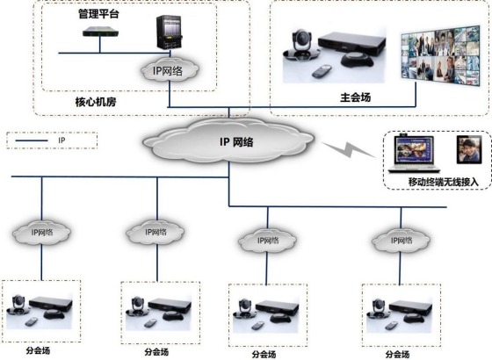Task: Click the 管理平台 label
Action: click(98, 14)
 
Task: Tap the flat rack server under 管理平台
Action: click(101, 32)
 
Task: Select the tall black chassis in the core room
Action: click(169, 32)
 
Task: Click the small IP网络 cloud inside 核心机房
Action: click(170, 70)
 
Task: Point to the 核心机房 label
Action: click(96, 102)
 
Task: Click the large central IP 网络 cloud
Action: click(228, 141)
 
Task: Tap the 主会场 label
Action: click(356, 97)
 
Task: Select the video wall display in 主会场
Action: click(440, 56)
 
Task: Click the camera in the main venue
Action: click(301, 45)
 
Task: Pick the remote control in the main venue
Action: click(322, 71)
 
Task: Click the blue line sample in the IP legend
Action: click(32, 140)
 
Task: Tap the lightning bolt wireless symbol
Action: click(349, 149)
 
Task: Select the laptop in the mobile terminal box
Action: click(414, 154)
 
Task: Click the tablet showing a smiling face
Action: click(469, 149)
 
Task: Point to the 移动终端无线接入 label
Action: click(443, 182)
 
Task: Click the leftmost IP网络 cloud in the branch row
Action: click(42, 233)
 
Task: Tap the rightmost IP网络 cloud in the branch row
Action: click(401, 241)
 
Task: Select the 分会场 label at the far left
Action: click(38, 350)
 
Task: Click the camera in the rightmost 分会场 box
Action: click(377, 307)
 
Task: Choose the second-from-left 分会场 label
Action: click(156, 352)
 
